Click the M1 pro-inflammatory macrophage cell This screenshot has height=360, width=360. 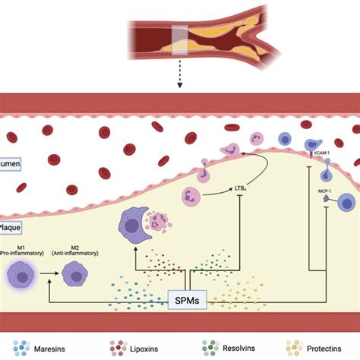24,274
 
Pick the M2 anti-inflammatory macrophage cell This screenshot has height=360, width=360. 78,274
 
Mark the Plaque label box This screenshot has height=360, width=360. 11,226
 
